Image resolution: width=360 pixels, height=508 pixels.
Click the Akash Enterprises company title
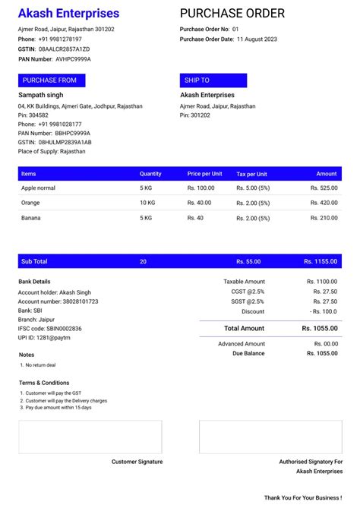click(68, 14)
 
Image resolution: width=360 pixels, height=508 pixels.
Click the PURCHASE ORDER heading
click(232, 14)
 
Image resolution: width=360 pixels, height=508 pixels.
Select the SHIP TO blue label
click(196, 80)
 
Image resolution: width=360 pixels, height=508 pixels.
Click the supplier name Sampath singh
click(40, 95)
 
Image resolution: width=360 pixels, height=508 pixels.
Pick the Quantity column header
click(150, 174)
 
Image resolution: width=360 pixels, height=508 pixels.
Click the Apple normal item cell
click(38, 188)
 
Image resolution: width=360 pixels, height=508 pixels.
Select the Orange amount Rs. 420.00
click(324, 203)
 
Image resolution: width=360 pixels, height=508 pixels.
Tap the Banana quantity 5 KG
click(146, 218)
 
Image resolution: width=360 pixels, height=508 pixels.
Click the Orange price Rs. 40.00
click(199, 203)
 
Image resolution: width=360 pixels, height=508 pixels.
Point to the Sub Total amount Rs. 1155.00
click(321, 261)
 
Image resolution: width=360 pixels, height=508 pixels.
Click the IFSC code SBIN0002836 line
click(49, 328)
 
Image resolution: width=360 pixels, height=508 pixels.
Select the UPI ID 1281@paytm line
click(44, 337)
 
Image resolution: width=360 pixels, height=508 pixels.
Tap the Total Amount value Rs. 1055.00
click(320, 328)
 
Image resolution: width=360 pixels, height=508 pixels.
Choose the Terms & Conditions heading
click(44, 383)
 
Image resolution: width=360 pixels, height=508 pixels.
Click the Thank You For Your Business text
click(303, 498)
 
